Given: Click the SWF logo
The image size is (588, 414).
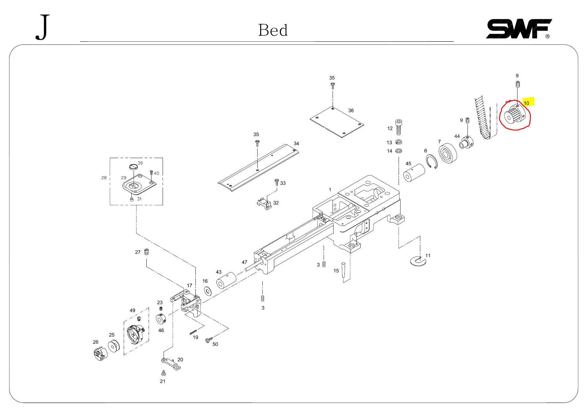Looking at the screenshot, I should (x=518, y=29).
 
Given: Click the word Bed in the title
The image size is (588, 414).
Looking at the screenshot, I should (x=273, y=31).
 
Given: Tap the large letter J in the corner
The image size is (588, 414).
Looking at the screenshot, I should (x=43, y=27).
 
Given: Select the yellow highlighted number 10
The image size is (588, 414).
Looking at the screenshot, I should (x=526, y=103).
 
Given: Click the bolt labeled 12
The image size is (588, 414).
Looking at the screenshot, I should (x=399, y=127).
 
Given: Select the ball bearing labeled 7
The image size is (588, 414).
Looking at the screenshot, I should (x=447, y=153).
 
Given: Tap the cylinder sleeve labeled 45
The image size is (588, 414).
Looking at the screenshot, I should (x=414, y=173).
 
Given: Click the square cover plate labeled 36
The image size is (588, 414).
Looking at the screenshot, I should (x=337, y=122).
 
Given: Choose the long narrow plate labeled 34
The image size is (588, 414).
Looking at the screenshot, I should (x=258, y=168).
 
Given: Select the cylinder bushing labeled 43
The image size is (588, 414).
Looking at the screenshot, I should (x=226, y=280).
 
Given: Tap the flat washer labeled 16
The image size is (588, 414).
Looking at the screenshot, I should (x=208, y=291).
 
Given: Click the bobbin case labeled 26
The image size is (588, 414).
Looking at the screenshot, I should (x=100, y=354).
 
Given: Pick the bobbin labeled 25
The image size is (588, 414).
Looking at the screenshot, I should (x=114, y=346).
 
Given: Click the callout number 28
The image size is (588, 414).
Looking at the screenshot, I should (x=104, y=178).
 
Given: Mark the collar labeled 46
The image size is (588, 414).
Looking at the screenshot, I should (x=161, y=318).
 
